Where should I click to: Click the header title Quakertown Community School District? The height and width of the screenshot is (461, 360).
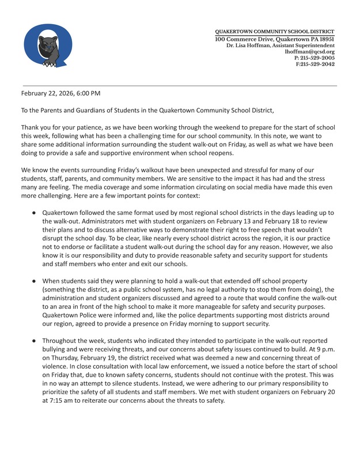point(274,31)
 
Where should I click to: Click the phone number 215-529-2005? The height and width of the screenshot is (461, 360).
point(318,58)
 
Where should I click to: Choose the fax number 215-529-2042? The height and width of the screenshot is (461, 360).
point(318,64)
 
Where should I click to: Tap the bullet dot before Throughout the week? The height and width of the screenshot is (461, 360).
point(35,341)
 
